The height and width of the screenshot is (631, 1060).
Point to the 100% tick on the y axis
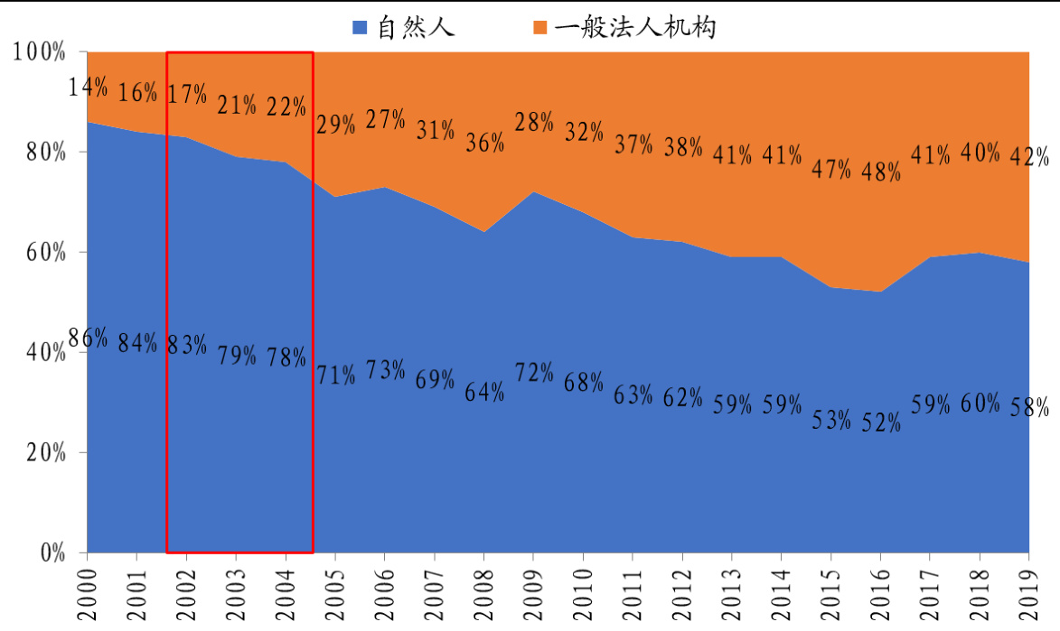(x=41, y=52)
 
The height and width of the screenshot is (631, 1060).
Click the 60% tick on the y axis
(x=45, y=252)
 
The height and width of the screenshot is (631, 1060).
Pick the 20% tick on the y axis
(x=45, y=452)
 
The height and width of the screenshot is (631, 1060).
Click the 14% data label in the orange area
(x=89, y=88)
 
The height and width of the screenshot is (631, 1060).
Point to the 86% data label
(x=89, y=340)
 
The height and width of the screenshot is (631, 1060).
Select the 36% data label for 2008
(x=484, y=143)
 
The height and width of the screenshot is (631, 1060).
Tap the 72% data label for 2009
(x=534, y=372)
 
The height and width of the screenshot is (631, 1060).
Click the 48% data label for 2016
(x=881, y=172)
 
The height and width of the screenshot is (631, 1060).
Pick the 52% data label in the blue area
(x=881, y=422)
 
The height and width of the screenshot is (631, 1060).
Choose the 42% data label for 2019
(x=1029, y=157)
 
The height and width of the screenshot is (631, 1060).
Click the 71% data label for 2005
(x=336, y=374)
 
